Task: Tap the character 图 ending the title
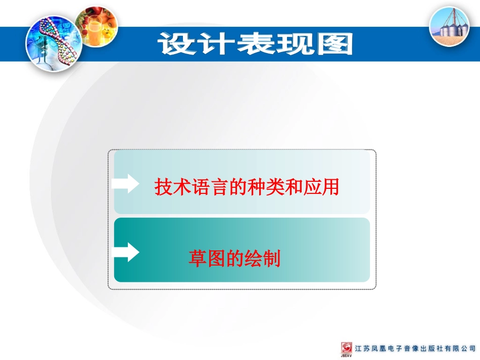[x=333, y=44]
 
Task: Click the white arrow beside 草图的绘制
[x=126, y=251]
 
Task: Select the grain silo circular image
[x=449, y=27]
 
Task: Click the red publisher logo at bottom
[x=347, y=347]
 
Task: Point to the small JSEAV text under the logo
[x=347, y=356]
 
